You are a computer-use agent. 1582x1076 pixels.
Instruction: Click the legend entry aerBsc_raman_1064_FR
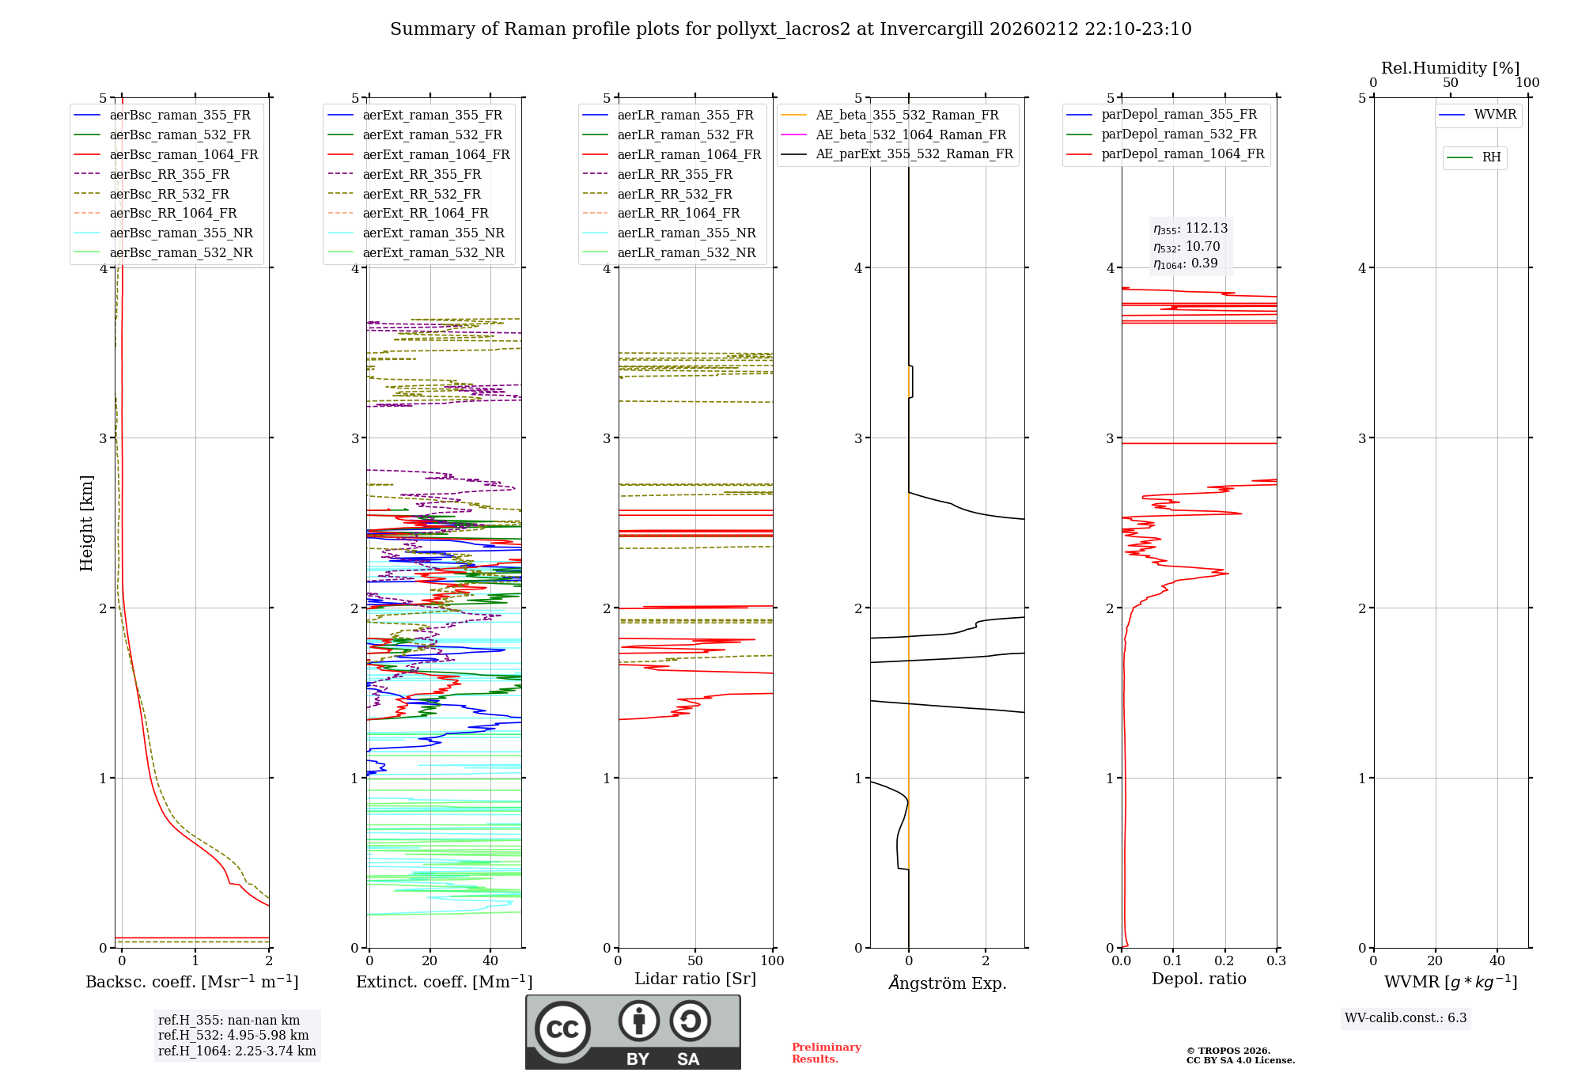(x=184, y=154)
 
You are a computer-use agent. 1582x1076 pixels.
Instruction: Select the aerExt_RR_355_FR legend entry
(x=422, y=174)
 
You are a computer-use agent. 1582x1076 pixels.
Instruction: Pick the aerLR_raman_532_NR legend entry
(x=686, y=252)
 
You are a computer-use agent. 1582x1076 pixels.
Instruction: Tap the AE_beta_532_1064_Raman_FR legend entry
(x=910, y=134)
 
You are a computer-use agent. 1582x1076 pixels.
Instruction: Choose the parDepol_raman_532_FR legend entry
(x=1179, y=134)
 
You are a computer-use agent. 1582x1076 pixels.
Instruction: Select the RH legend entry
(x=1491, y=157)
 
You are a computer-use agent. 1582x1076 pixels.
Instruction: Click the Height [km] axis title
(x=86, y=523)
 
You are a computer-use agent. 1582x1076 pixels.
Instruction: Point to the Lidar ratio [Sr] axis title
(x=695, y=979)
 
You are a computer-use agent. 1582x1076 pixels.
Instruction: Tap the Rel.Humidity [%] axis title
(x=1450, y=68)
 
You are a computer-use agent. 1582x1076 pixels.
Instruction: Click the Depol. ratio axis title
(x=1198, y=979)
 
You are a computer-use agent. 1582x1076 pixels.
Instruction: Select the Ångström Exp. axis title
(x=947, y=983)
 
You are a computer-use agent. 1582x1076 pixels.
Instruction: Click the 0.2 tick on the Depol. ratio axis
(x=1224, y=960)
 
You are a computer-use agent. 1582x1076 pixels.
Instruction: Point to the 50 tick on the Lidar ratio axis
(x=695, y=960)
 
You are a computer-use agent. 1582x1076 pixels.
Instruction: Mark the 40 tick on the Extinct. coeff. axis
(x=490, y=960)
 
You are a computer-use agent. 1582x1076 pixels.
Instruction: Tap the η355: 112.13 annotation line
(x=1190, y=229)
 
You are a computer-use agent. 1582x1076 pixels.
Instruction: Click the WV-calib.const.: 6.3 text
(x=1406, y=1017)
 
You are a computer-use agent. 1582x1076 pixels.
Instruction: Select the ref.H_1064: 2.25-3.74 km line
(x=237, y=1051)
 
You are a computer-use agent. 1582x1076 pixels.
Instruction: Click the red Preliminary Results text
(x=826, y=1052)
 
